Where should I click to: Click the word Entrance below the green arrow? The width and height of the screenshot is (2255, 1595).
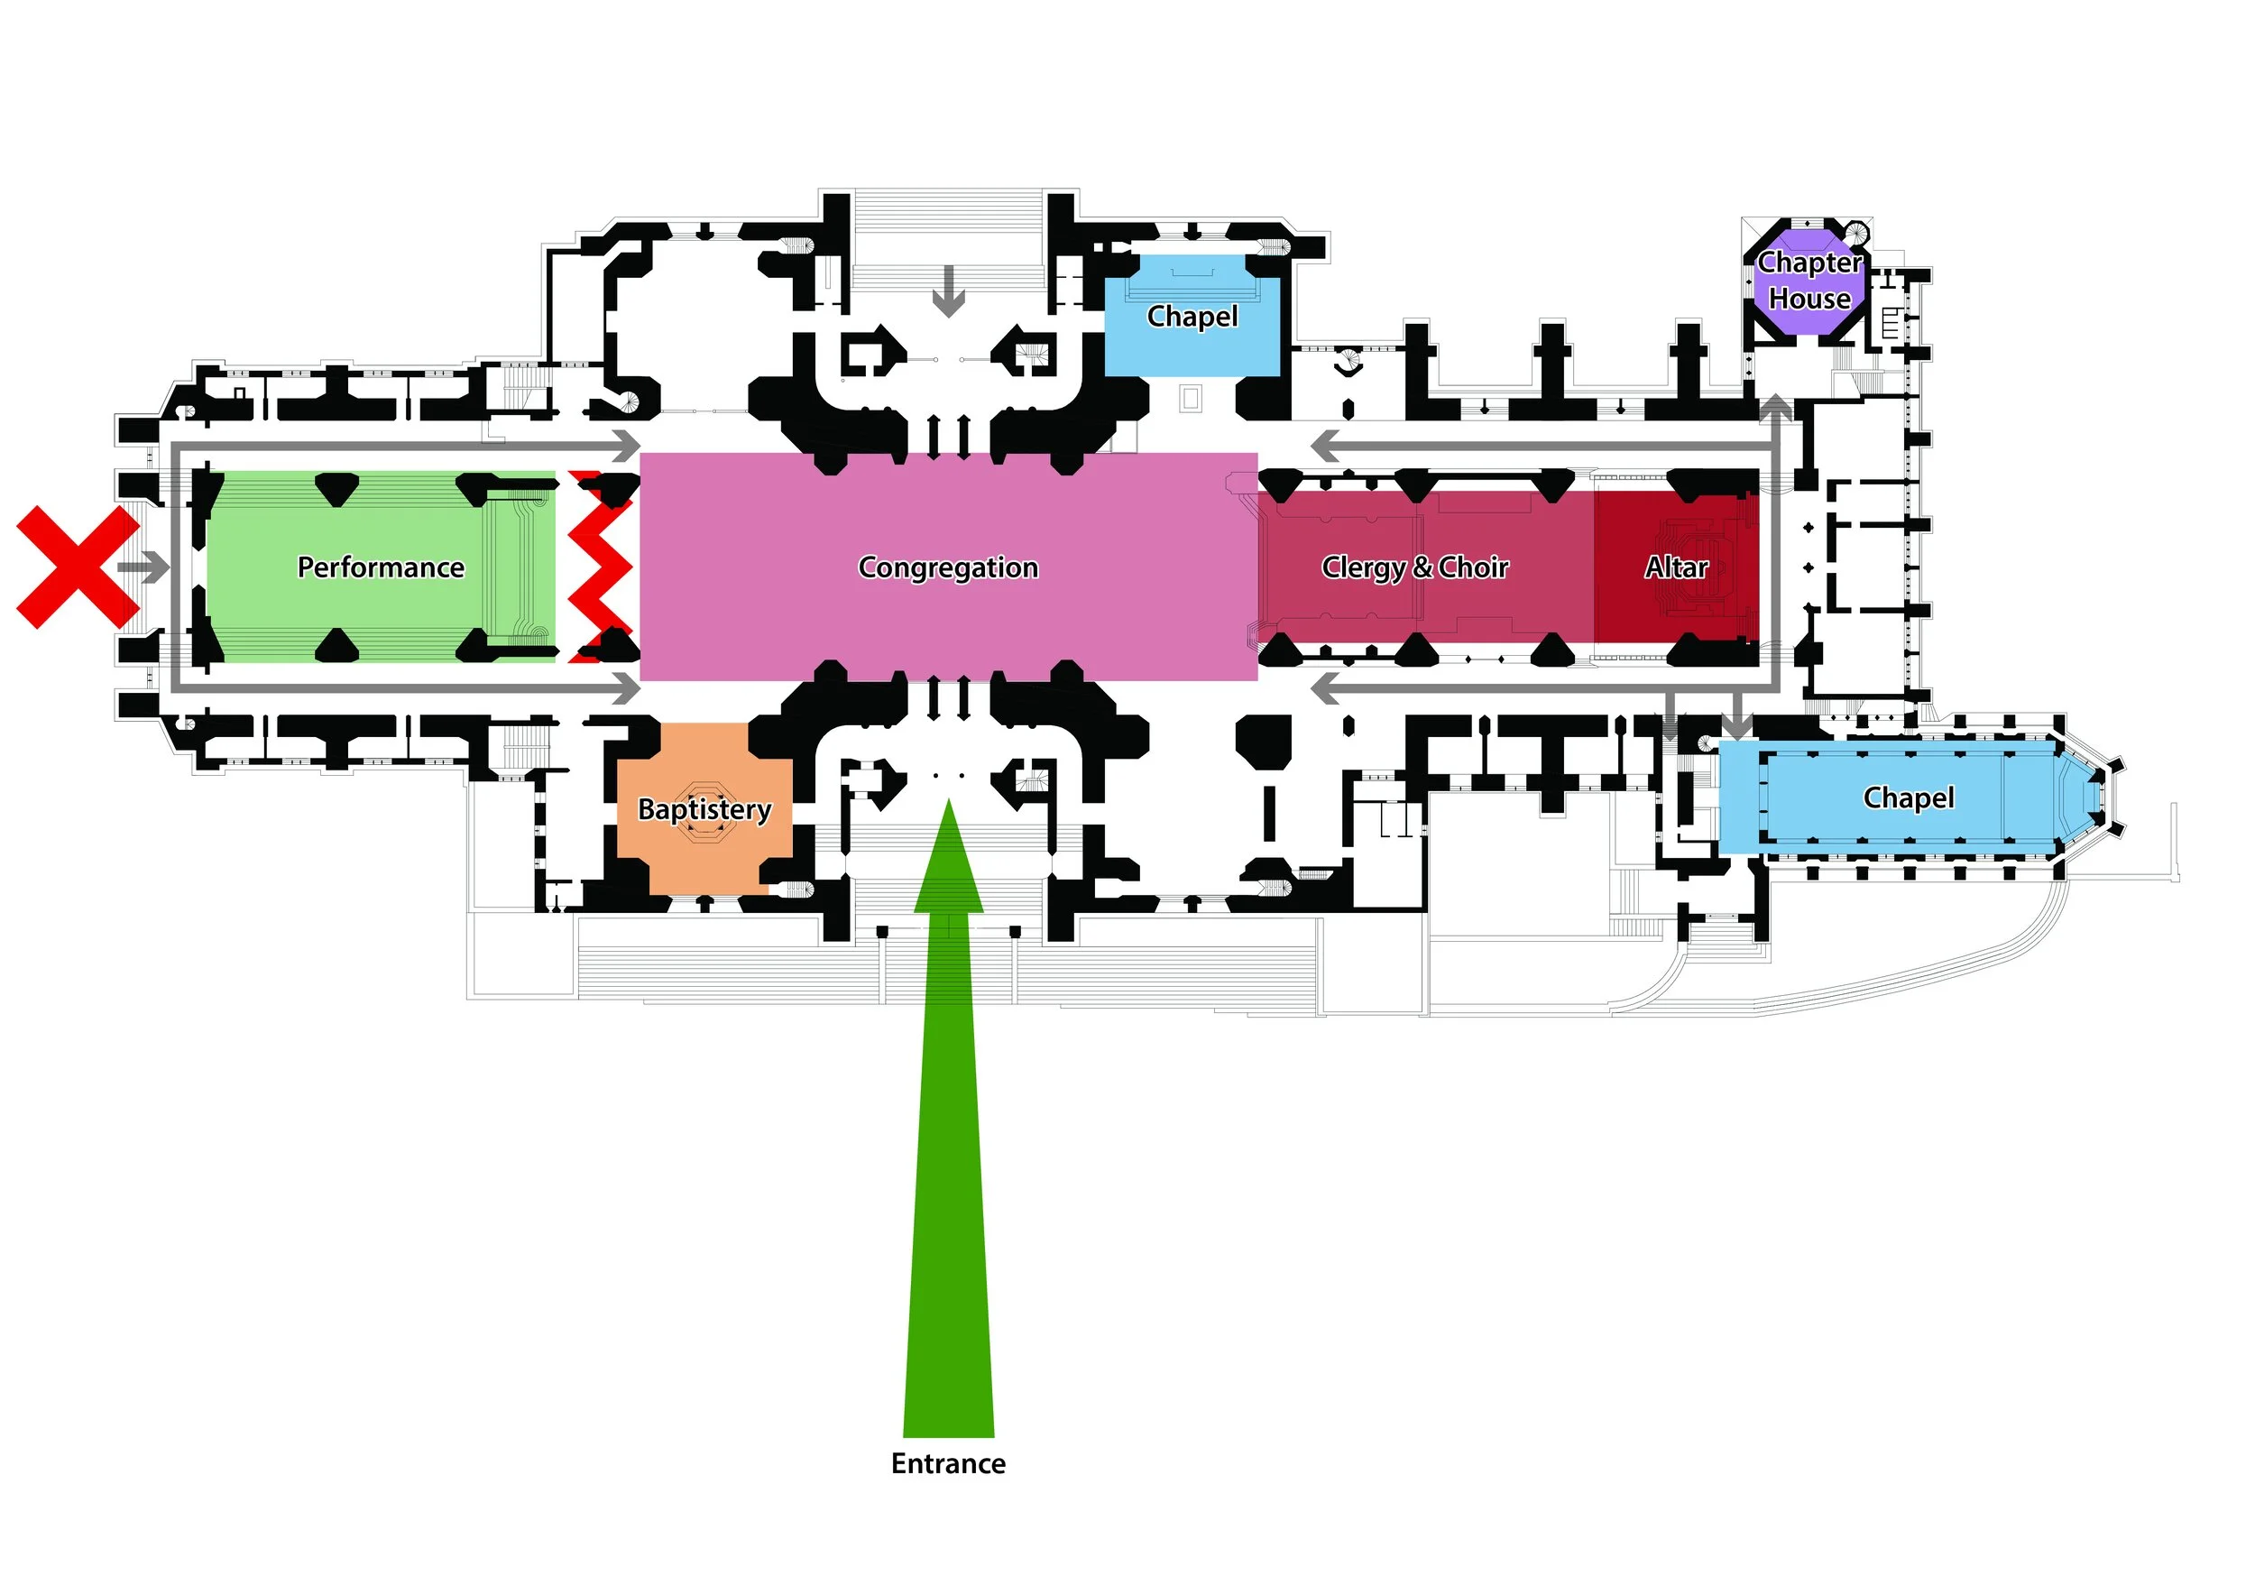tap(948, 1463)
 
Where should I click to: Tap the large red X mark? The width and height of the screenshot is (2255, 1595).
tap(78, 567)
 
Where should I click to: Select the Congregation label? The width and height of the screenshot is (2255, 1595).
tap(948, 567)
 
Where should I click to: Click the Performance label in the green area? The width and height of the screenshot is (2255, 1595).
tap(381, 567)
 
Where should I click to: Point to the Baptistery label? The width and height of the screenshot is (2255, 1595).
tap(704, 808)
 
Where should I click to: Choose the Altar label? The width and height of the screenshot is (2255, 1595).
tap(1677, 567)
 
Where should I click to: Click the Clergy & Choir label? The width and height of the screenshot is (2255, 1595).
tap(1414, 567)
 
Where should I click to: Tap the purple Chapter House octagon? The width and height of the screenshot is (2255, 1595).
tap(1809, 280)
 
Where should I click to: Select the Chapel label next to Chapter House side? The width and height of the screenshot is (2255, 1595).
tap(1192, 317)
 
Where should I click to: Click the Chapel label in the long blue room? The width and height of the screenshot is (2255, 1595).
tap(1909, 797)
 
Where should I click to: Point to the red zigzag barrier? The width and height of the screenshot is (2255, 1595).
tap(599, 567)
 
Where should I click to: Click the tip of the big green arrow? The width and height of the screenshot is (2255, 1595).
tap(949, 806)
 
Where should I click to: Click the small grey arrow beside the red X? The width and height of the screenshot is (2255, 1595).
tap(143, 567)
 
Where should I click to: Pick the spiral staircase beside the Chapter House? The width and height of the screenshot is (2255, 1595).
tap(1855, 233)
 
